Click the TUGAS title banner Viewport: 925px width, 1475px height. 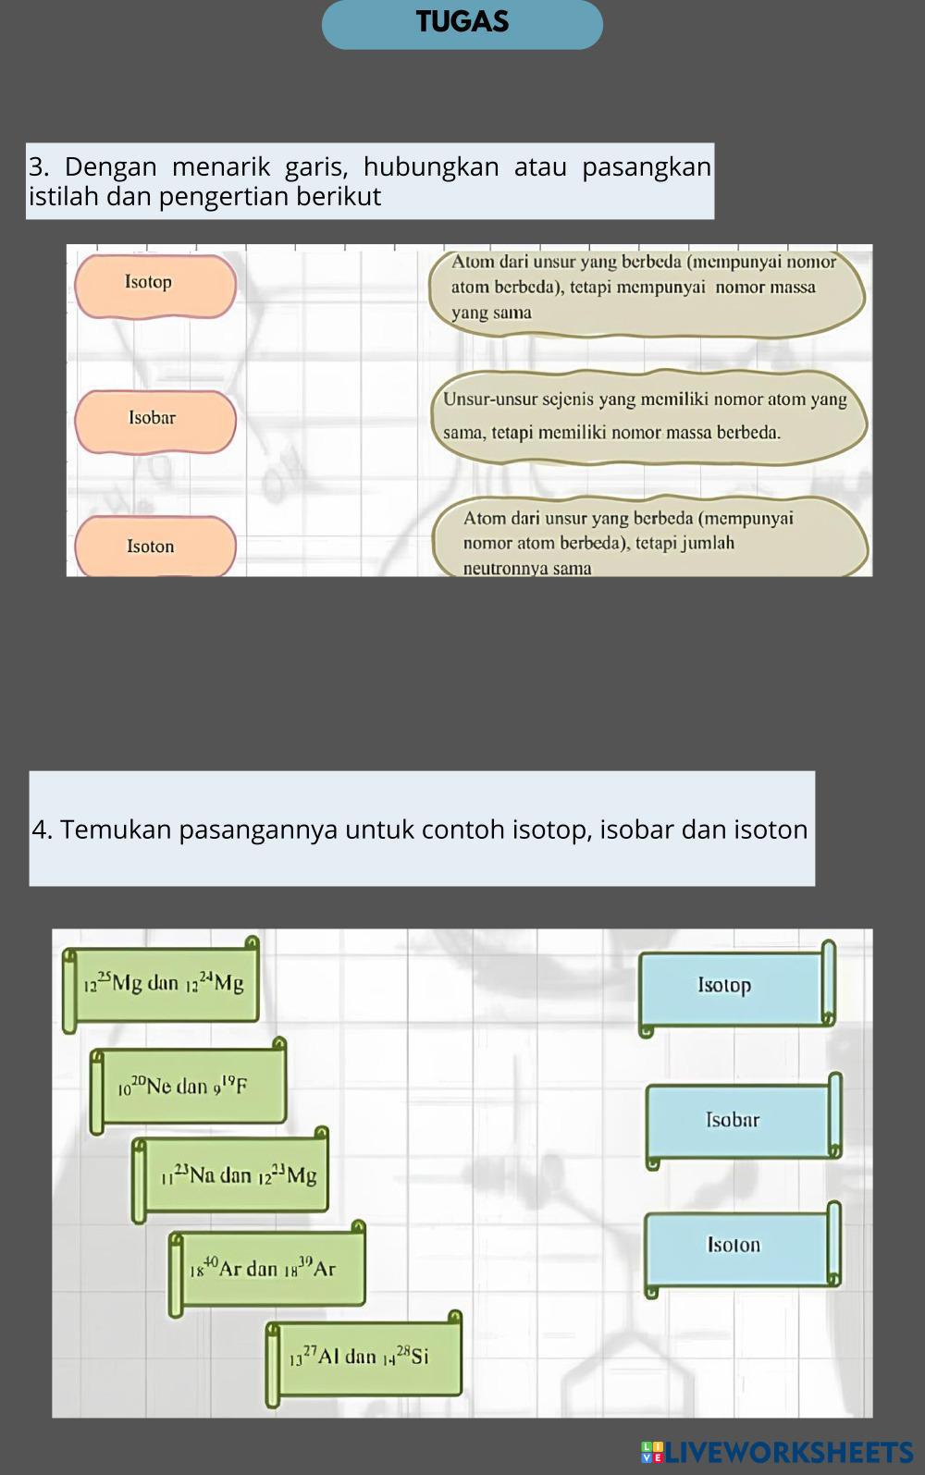point(462,23)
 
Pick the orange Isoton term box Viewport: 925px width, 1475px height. point(154,547)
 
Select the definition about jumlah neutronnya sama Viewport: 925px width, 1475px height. point(647,542)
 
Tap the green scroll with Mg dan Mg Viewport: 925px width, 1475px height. point(164,984)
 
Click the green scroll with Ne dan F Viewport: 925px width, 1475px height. point(190,1086)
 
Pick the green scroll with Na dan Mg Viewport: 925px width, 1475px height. point(233,1175)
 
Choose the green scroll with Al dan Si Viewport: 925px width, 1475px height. point(364,1358)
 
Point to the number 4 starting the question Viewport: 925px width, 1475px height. point(42,830)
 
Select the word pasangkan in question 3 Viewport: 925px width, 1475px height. point(646,167)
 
